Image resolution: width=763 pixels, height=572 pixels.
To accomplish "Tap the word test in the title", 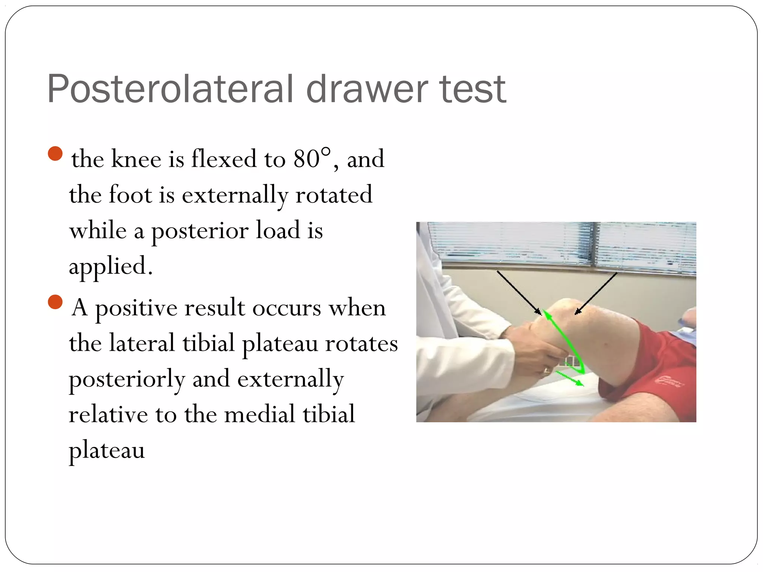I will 472,89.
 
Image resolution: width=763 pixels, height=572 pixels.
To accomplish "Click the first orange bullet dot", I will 55,153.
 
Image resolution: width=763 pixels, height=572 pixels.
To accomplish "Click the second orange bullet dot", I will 55,302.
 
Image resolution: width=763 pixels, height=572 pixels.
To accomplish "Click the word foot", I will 130,194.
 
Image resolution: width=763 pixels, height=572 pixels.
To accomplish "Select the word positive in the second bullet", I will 136,308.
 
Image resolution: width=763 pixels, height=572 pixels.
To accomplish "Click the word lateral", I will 142,343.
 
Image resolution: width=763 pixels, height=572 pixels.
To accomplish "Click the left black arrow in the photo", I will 519,293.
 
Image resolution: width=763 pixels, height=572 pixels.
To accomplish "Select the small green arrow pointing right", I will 569,378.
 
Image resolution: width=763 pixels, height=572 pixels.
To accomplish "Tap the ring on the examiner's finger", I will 547,371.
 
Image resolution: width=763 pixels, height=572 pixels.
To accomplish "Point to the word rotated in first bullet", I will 333,194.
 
